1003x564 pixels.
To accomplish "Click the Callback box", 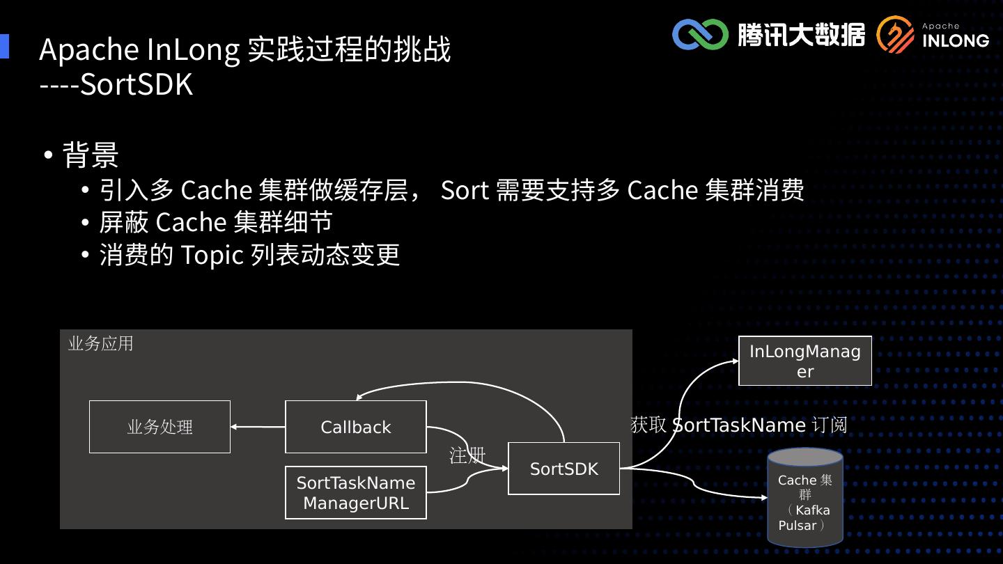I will pyautogui.click(x=355, y=427).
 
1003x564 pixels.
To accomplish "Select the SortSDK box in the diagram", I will pyautogui.click(x=563, y=469).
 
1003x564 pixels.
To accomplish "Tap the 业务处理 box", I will pyautogui.click(x=160, y=427).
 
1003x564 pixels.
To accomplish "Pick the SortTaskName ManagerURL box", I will pyautogui.click(x=355, y=492).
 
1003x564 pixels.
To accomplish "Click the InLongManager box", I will pyautogui.click(x=804, y=361).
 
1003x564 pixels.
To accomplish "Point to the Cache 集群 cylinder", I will pyautogui.click(x=804, y=498).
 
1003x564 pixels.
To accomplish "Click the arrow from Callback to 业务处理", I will pyautogui.click(x=258, y=427).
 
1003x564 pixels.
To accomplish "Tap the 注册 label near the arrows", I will pyautogui.click(x=467, y=456).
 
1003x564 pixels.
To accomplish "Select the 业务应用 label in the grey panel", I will pyautogui.click(x=101, y=344).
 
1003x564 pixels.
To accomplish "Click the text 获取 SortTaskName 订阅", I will pyautogui.click(x=738, y=425).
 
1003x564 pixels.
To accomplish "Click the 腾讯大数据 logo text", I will pyautogui.click(x=801, y=34).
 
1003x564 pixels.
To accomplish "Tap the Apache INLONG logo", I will pyautogui.click(x=933, y=35).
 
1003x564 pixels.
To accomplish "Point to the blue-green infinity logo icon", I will pyautogui.click(x=700, y=34).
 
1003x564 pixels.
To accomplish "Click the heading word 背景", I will pyautogui.click(x=91, y=155).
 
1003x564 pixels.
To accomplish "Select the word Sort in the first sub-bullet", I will pyautogui.click(x=465, y=189).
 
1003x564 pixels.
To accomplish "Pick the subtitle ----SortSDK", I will pyautogui.click(x=116, y=84).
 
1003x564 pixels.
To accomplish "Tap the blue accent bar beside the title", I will pyautogui.click(x=4, y=46).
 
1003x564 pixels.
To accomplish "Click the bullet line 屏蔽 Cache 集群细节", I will pyautogui.click(x=215, y=222).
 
